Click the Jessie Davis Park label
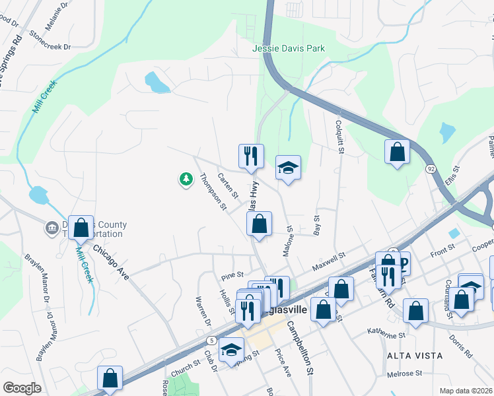pyautogui.click(x=289, y=49)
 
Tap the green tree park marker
pyautogui.click(x=186, y=178)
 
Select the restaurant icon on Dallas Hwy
pyautogui.click(x=251, y=156)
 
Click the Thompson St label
pyautogui.click(x=213, y=192)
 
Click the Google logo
pyautogui.click(x=22, y=388)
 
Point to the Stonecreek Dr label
pyautogui.click(x=48, y=47)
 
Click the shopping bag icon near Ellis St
pyautogui.click(x=397, y=151)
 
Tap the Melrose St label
pyautogui.click(x=405, y=374)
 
